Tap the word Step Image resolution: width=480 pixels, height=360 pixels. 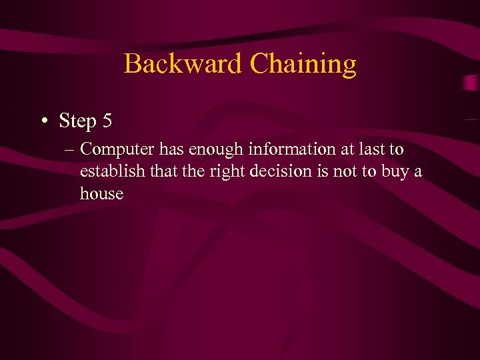click(78, 122)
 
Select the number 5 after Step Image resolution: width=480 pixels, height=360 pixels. click(107, 121)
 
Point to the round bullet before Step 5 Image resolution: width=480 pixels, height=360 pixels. click(43, 122)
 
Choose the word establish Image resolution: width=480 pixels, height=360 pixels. click(109, 171)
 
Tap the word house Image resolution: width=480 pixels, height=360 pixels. click(101, 194)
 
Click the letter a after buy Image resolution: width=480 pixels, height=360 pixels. click(418, 172)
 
